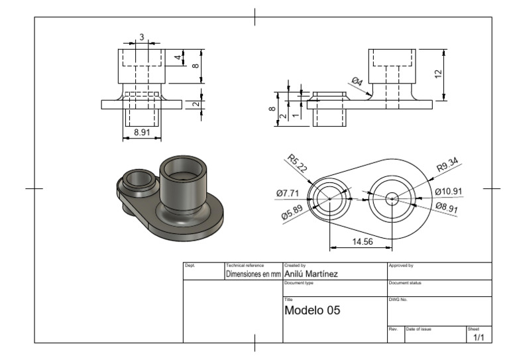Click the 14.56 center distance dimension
tap(363, 242)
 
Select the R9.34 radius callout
tap(449, 164)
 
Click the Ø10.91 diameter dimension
tap(449, 192)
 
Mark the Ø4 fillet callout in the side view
tap(357, 82)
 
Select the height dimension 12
tap(438, 74)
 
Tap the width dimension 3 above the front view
tap(141, 37)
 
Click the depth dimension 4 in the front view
tap(178, 58)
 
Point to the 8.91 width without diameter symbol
tap(141, 133)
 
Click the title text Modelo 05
tap(312, 310)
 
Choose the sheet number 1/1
tap(479, 337)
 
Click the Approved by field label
tap(401, 265)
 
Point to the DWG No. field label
tap(398, 300)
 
